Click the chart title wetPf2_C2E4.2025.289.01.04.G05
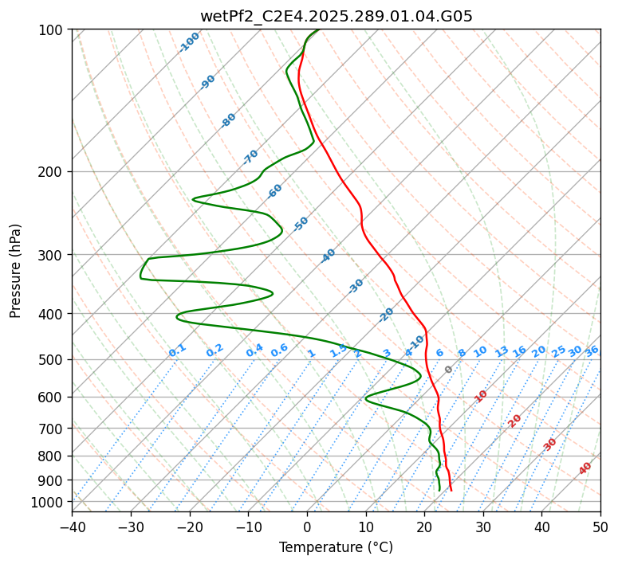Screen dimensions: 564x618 point(336,15)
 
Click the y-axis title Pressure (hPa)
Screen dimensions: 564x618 point(15,270)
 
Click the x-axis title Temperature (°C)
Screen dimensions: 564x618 point(336,547)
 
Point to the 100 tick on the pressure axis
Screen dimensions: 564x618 point(53,29)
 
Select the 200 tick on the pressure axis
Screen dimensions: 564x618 point(53,171)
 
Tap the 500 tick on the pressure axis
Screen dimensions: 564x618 point(53,359)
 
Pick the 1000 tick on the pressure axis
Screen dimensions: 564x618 point(49,502)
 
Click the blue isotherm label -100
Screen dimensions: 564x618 point(189,42)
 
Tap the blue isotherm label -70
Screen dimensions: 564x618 point(250,157)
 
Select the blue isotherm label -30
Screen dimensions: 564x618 point(356,286)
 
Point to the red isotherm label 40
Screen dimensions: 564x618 point(585,468)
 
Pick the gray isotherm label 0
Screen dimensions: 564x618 point(449,370)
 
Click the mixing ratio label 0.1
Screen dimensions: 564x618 point(177,351)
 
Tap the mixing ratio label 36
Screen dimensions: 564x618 point(592,351)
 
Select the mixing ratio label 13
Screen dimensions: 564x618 point(502,351)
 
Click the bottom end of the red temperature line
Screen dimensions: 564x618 point(451,490)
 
